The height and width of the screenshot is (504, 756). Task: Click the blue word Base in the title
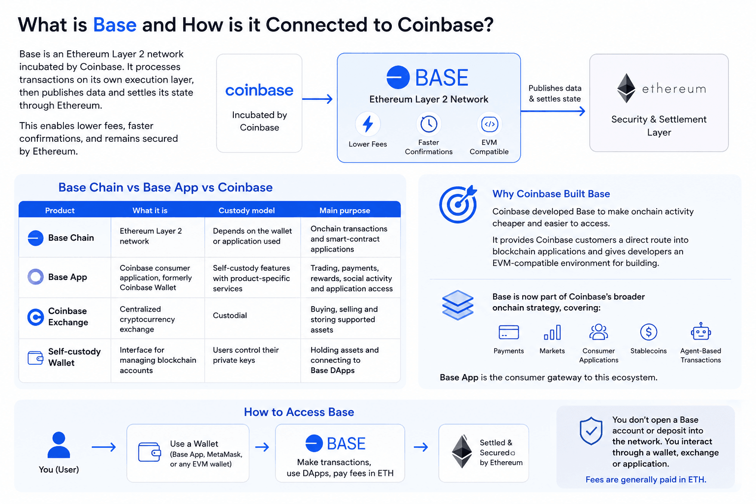[115, 25]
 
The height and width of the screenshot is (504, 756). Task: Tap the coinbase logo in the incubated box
[259, 90]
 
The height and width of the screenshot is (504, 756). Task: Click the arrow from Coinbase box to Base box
[317, 99]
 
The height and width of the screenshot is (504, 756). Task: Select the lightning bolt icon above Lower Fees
[368, 124]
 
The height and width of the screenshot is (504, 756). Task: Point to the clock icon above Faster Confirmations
[429, 124]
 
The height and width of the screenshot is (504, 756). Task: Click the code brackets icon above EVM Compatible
[489, 124]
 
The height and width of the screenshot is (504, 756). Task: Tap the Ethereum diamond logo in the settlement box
[626, 88]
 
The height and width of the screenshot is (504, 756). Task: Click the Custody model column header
[247, 210]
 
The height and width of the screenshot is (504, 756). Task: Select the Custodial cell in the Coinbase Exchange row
[230, 315]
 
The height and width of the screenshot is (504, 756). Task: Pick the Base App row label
[67, 277]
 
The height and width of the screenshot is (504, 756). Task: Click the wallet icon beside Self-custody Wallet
[35, 358]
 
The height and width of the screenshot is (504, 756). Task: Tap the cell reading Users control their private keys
[246, 355]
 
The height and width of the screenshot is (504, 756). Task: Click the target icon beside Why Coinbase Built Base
[458, 204]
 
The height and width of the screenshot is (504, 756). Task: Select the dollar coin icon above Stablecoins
[649, 332]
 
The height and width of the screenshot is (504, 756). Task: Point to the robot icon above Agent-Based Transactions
[701, 331]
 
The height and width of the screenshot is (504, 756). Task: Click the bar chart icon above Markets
[552, 332]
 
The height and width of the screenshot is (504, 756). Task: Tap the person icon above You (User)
[59, 444]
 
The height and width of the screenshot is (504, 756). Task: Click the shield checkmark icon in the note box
[591, 431]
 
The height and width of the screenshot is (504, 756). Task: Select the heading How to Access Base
[299, 412]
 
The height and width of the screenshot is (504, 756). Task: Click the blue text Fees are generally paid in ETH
[646, 479]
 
